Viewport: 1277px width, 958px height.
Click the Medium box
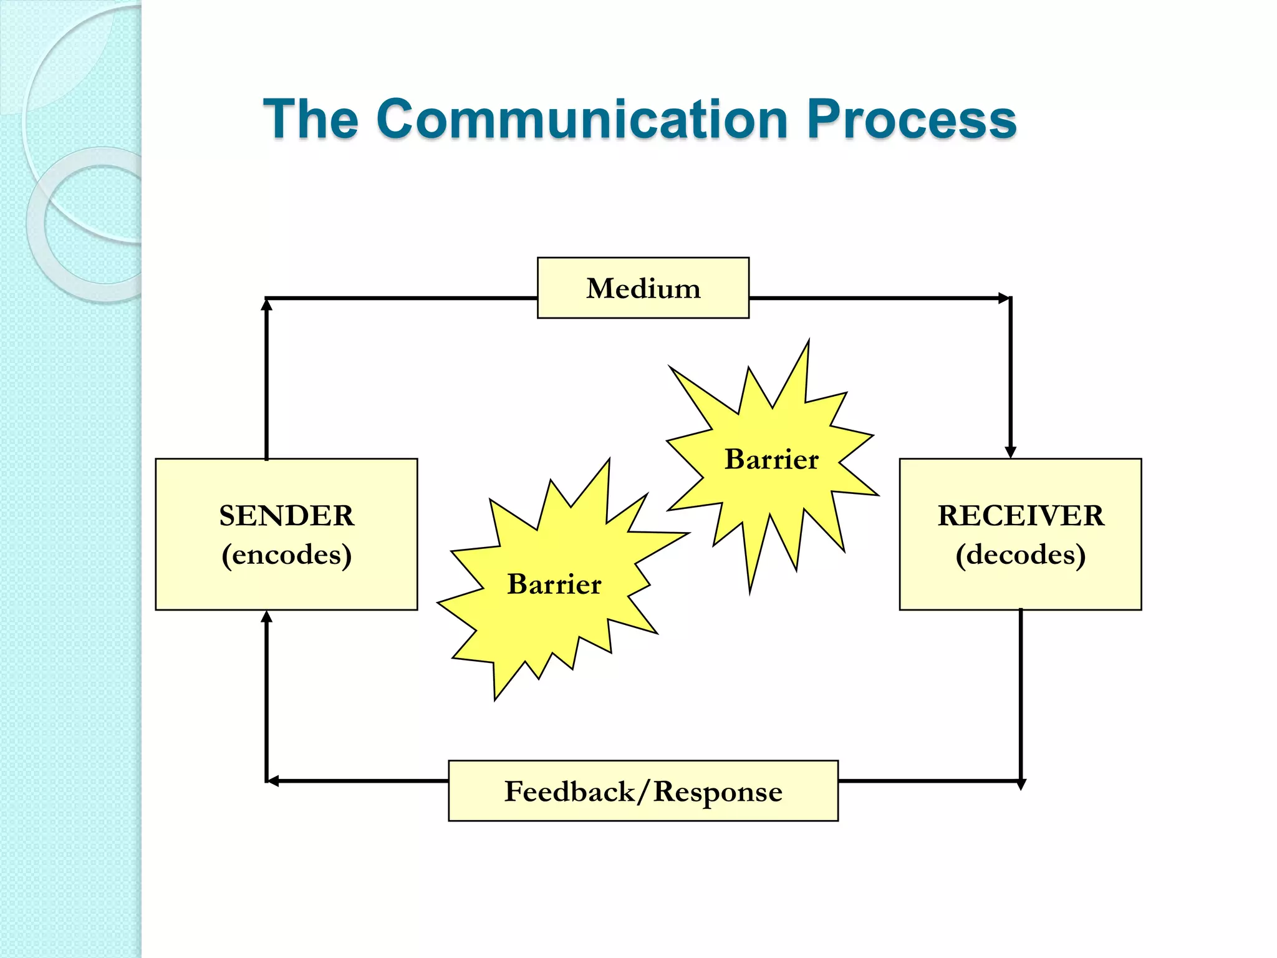[x=643, y=288]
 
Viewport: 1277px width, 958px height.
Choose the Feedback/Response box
[x=643, y=791]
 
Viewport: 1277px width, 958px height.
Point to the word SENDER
[x=286, y=516]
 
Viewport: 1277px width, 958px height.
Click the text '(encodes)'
[x=286, y=554]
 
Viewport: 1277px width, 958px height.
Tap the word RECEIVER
[x=1021, y=516]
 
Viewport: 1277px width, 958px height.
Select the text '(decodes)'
[x=1021, y=554]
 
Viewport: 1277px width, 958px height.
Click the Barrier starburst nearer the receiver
[x=771, y=460]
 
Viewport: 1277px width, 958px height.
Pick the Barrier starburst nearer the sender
[x=554, y=584]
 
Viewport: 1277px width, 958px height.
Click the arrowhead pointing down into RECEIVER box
[x=1011, y=452]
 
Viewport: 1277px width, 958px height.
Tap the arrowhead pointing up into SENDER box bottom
[x=267, y=617]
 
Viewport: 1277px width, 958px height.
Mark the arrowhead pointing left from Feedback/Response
[x=273, y=781]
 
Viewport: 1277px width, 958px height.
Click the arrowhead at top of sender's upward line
[x=267, y=305]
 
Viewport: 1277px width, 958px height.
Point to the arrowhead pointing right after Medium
[x=1004, y=298]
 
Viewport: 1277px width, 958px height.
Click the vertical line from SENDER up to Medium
[x=267, y=387]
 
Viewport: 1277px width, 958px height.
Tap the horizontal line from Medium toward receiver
[x=873, y=298]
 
